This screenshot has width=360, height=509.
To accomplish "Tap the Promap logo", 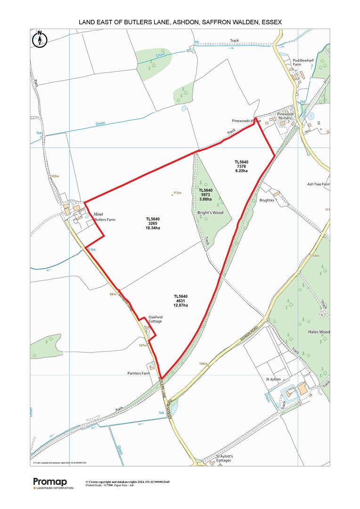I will click(50, 481).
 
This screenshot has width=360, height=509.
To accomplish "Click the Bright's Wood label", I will click(210, 213).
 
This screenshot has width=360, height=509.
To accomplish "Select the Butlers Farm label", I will click(105, 220).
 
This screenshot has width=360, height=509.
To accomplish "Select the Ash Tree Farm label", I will click(319, 184).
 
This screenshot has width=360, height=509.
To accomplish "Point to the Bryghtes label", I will click(267, 200).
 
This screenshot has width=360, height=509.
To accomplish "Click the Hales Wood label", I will click(319, 332).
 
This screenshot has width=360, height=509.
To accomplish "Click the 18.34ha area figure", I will click(153, 228).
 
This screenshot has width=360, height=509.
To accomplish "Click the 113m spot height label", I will click(177, 193).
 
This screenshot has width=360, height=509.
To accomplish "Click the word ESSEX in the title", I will click(269, 21).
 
